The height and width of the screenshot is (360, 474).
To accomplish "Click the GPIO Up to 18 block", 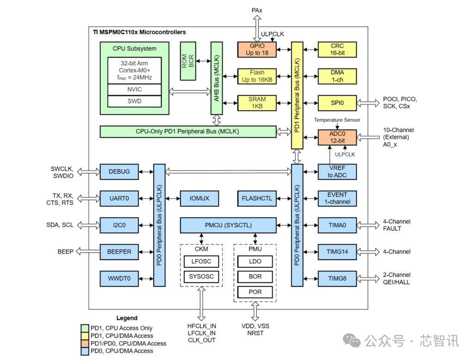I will [256, 50].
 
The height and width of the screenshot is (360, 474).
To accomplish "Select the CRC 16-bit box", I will [337, 50].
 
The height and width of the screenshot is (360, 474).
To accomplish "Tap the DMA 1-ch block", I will [337, 76].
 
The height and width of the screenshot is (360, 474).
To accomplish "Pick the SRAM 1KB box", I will [256, 103].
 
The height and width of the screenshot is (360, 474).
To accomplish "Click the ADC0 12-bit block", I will [337, 137].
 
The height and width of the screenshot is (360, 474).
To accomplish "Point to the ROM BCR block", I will [188, 61].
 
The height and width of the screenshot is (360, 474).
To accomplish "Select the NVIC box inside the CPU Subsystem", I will [135, 89].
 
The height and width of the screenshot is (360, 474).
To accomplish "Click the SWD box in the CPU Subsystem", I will [135, 101].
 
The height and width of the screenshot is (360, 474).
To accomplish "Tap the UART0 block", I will [119, 198].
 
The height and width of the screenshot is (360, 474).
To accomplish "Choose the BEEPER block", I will [119, 252].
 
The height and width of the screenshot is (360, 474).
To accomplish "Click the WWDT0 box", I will [119, 279].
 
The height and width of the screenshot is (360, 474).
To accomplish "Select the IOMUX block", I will [199, 198].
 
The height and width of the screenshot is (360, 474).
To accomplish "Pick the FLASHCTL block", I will [257, 198].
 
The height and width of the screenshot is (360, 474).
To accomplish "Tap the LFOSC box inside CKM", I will [201, 261].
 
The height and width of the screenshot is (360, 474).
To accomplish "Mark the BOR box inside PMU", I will [255, 277].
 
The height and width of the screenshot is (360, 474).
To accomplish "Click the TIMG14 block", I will [337, 252].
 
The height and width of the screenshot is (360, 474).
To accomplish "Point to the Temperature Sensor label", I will [337, 120].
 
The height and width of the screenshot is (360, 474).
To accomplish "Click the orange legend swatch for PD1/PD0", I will [85, 343].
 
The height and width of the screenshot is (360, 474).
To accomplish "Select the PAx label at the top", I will [257, 10].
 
